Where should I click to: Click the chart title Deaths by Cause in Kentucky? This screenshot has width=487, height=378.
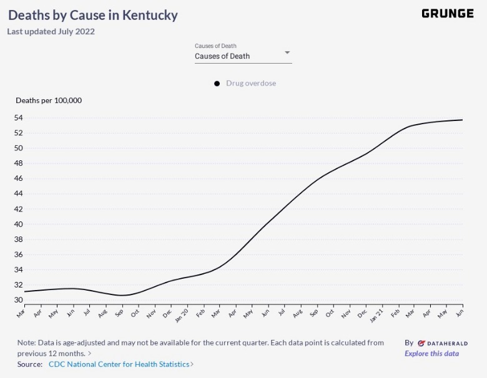(x=93, y=15)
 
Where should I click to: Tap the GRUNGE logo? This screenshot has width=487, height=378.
(x=447, y=14)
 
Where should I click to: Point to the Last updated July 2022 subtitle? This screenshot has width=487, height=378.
(x=51, y=31)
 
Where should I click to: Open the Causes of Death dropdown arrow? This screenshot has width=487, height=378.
(x=287, y=52)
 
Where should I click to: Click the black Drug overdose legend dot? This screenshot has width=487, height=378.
(x=217, y=84)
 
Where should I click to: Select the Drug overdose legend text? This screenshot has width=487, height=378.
(x=251, y=84)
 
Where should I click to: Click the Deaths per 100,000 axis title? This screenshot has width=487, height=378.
(x=49, y=100)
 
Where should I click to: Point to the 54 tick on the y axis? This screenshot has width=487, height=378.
(x=19, y=118)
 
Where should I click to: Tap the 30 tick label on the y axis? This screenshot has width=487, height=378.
(x=19, y=300)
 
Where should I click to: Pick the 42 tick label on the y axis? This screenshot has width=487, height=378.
(x=19, y=209)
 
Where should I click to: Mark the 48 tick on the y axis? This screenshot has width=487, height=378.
(x=19, y=163)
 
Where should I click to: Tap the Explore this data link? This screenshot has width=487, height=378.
(x=431, y=354)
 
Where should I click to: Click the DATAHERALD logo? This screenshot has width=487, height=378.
(x=442, y=343)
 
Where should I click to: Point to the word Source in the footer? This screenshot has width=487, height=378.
(x=29, y=364)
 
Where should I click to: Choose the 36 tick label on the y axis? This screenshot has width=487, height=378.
(x=19, y=254)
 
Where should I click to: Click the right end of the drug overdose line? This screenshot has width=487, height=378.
(x=462, y=120)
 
